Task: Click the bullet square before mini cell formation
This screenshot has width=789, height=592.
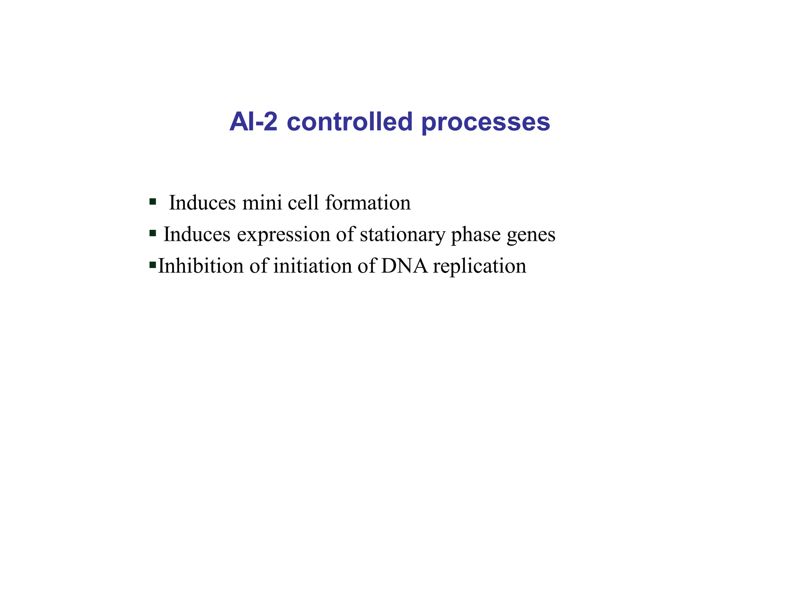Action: tap(153, 201)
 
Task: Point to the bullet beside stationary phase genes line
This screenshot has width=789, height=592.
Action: tap(153, 233)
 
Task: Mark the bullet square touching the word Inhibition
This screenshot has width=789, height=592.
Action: tap(153, 264)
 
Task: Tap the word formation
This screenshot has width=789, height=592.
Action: tap(368, 203)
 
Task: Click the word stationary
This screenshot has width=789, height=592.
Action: tap(402, 235)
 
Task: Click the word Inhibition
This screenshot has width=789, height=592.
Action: tap(201, 266)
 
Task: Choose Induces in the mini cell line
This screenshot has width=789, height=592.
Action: tap(202, 203)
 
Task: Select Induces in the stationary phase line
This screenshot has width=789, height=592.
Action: tap(197, 234)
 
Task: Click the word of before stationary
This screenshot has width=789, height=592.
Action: tap(345, 234)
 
